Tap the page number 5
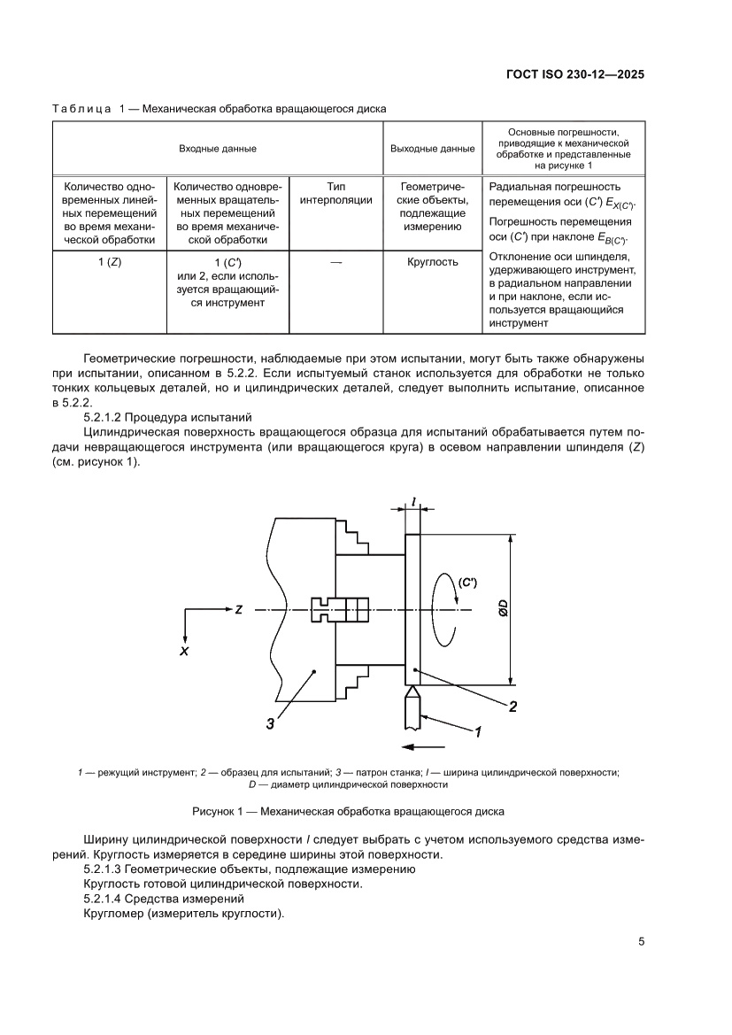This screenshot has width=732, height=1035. tap(641, 941)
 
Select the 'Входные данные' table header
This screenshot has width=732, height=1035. tap(218, 149)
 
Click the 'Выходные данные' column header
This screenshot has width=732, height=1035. tap(432, 149)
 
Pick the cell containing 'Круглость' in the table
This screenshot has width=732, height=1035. tap(432, 262)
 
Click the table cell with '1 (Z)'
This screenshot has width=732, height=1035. tap(110, 262)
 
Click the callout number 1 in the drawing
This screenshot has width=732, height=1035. tap(478, 732)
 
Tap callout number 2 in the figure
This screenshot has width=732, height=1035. tap(513, 706)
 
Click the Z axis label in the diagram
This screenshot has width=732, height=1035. tap(239, 610)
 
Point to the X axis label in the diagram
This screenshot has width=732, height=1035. tap(184, 650)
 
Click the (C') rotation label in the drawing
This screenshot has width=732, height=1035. tap(467, 582)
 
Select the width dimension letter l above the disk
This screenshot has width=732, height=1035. tap(414, 502)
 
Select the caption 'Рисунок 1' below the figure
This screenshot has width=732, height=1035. tap(348, 812)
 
